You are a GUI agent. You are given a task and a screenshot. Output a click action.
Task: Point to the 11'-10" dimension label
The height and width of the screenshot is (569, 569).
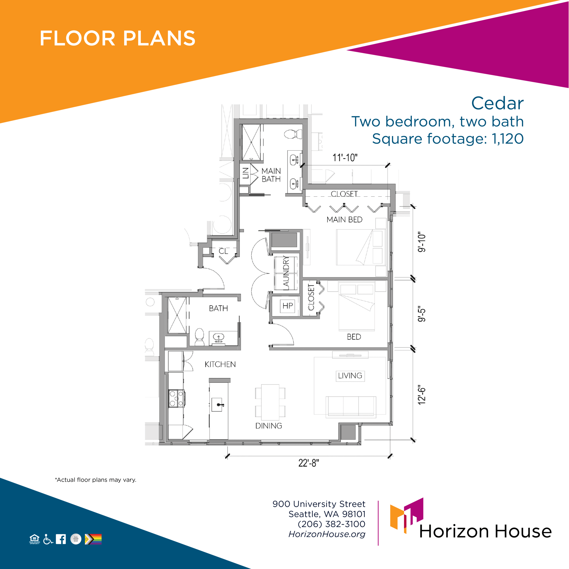pyautogui.click(x=345, y=158)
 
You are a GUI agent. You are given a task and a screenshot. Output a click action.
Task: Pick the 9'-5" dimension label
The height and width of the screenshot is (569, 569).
pyautogui.click(x=422, y=315)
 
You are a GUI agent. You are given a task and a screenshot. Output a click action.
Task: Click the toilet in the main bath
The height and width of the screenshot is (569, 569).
pyautogui.click(x=293, y=134)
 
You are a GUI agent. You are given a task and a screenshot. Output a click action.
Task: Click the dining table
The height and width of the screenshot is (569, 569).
pyautogui.click(x=270, y=402)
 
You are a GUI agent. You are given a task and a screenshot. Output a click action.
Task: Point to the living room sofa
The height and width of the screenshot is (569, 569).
pyautogui.click(x=351, y=407)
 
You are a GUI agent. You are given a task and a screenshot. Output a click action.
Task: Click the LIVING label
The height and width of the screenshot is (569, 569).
pyautogui.click(x=350, y=376)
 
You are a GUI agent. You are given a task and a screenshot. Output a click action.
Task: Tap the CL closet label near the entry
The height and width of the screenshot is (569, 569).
pyautogui.click(x=223, y=251)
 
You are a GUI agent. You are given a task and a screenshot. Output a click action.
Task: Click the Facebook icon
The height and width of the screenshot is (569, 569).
pyautogui.click(x=61, y=539)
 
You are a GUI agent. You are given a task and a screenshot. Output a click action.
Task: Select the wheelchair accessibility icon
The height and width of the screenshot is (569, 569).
pyautogui.click(x=48, y=539)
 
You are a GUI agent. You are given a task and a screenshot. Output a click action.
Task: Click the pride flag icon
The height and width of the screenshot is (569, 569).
pyautogui.click(x=93, y=539)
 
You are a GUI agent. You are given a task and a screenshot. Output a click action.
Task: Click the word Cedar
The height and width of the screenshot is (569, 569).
pyautogui.click(x=497, y=103)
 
